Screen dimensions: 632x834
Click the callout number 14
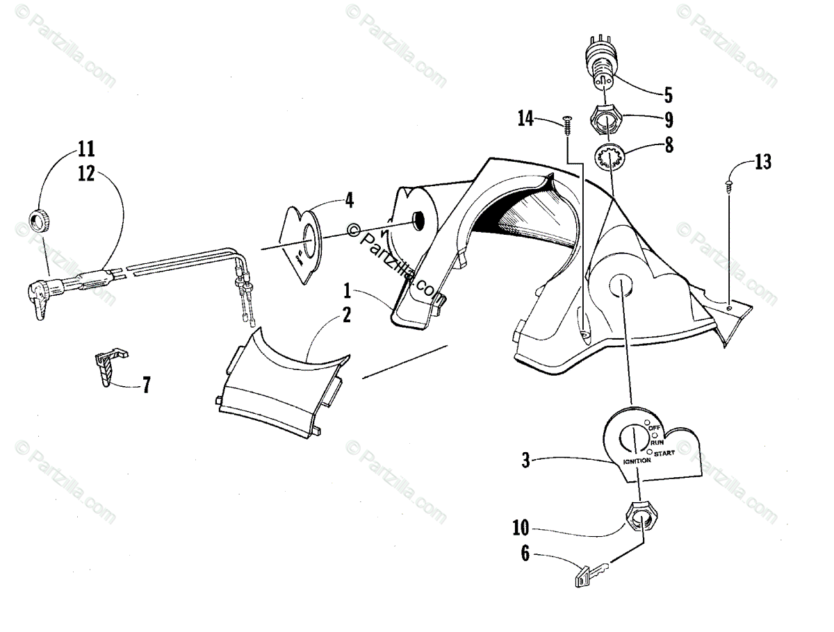tap(525, 119)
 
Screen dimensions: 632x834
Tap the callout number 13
tap(762, 163)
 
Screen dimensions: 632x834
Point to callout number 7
tap(146, 384)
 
